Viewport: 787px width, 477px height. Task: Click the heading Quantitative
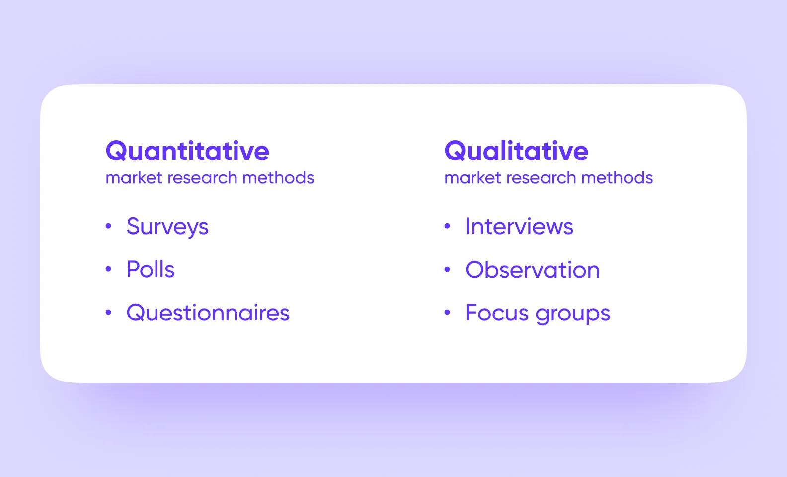click(x=187, y=151)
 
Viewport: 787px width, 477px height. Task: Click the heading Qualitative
click(x=516, y=151)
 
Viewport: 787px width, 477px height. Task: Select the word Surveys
click(x=167, y=227)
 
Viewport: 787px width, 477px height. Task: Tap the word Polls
click(x=151, y=270)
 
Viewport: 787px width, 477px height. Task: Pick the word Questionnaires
click(x=208, y=313)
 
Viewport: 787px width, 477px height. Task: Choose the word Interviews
click(x=519, y=227)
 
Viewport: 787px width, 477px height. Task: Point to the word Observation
click(x=533, y=270)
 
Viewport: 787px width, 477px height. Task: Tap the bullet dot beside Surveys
click(x=108, y=226)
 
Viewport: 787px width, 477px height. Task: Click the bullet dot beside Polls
click(x=108, y=269)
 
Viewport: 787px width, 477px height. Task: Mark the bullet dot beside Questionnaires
click(x=108, y=313)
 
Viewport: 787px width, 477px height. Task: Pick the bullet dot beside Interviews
click(x=447, y=226)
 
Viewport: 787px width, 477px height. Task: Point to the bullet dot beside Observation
click(x=447, y=269)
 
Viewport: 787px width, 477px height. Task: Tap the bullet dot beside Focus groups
click(x=447, y=313)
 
